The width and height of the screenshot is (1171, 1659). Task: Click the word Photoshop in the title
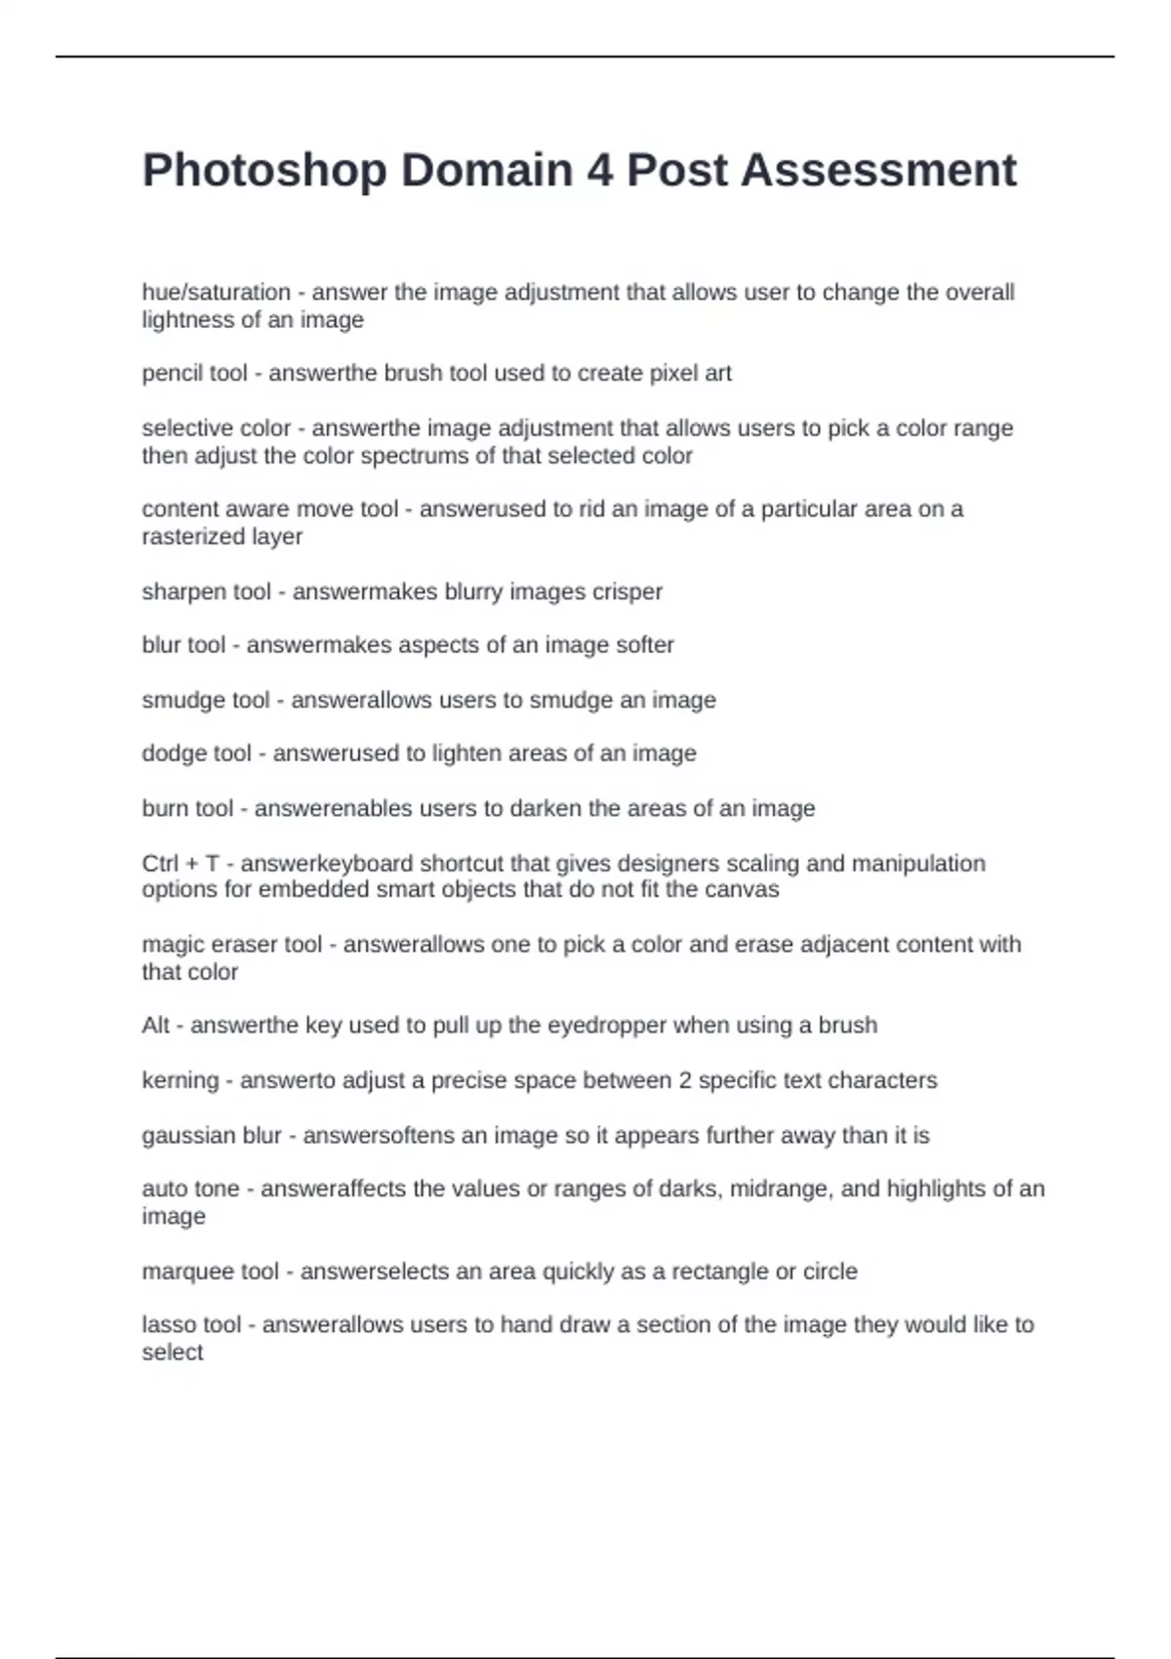[x=264, y=171]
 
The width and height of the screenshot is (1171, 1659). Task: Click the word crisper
[x=627, y=591]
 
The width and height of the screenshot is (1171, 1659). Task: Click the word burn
[x=162, y=808]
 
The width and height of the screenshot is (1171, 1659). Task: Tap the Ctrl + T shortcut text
[x=181, y=864]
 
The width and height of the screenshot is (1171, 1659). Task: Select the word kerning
[x=180, y=1080]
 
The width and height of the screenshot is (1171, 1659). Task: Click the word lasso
[x=167, y=1324]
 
